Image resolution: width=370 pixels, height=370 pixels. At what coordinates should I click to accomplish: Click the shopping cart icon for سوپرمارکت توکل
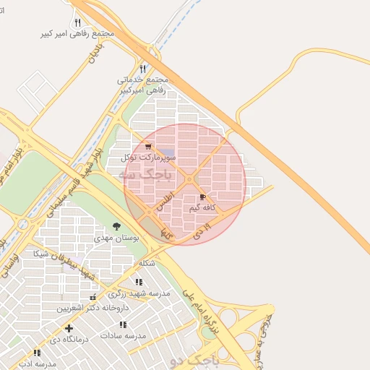point(148,146)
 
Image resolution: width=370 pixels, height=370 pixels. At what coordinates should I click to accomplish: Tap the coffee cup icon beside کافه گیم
point(202,197)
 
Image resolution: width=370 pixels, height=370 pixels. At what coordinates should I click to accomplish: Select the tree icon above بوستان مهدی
point(116,227)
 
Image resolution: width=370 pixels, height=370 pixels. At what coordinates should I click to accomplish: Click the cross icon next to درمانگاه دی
point(69,328)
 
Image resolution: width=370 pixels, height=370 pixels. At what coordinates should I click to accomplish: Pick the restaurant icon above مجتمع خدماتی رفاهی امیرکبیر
point(142,69)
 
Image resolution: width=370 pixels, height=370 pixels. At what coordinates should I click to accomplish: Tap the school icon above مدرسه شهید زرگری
point(139,282)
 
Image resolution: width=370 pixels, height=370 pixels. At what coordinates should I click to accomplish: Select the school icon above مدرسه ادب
point(36,353)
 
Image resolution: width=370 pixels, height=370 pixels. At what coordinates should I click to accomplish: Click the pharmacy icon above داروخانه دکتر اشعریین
point(92,297)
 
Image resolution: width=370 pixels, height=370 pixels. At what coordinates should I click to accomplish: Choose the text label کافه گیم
point(204,208)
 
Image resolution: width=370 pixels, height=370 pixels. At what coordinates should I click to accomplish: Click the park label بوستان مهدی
point(108,238)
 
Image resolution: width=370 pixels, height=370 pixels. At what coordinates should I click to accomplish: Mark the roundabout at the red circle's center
point(189,179)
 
